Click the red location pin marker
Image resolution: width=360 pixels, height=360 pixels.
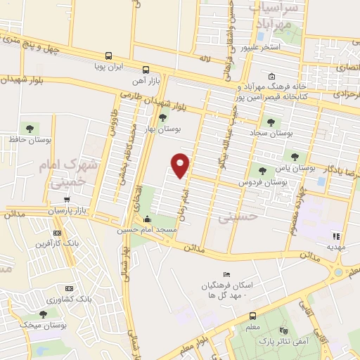point(181,165)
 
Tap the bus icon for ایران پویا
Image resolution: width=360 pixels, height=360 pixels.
point(108,56)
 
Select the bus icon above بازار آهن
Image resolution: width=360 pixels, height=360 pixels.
point(146,70)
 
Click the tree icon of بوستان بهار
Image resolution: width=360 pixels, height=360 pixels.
point(163,117)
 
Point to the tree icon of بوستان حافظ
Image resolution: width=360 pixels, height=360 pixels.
point(29,127)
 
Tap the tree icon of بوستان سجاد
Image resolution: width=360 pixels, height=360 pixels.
point(271,122)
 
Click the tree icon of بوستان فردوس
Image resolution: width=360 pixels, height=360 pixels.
point(262,170)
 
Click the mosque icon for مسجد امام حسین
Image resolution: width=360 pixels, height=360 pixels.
point(146,219)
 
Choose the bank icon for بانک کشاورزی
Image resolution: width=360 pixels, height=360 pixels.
point(68,288)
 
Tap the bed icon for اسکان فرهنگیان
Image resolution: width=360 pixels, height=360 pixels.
point(226,274)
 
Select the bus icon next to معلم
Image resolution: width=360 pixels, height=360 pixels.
point(252,316)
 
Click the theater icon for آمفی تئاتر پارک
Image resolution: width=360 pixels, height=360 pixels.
point(283,330)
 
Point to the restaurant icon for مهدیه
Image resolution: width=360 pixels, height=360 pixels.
point(336,236)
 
